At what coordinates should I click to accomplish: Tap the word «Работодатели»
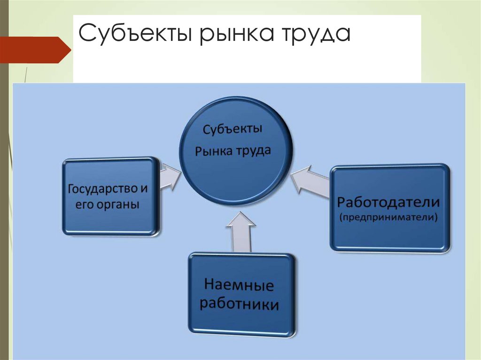click(389, 203)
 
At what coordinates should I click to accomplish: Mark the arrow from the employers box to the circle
click(310, 182)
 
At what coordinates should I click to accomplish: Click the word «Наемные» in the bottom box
click(239, 284)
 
